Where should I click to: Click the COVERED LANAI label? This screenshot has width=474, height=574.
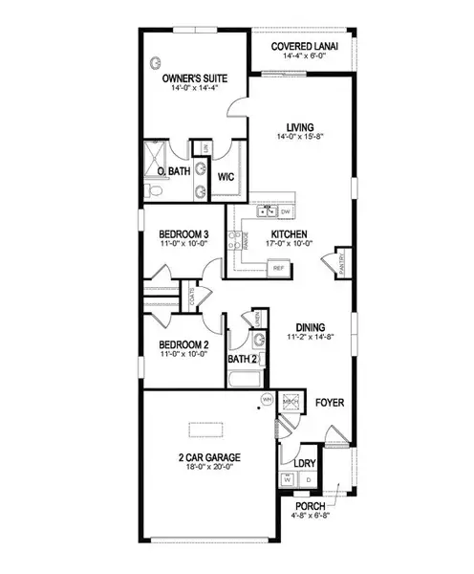[300, 46]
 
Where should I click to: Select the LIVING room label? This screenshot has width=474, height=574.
[301, 125]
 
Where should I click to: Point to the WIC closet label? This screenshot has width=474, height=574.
[226, 177]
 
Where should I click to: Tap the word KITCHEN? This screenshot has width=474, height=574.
[288, 234]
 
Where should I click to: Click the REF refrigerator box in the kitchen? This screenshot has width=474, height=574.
[280, 269]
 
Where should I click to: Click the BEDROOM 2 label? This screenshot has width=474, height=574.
[183, 344]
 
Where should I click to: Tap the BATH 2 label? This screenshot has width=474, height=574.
[242, 360]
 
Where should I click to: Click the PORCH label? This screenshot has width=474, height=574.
[309, 507]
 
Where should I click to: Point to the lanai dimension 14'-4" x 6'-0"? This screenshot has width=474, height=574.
[300, 57]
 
